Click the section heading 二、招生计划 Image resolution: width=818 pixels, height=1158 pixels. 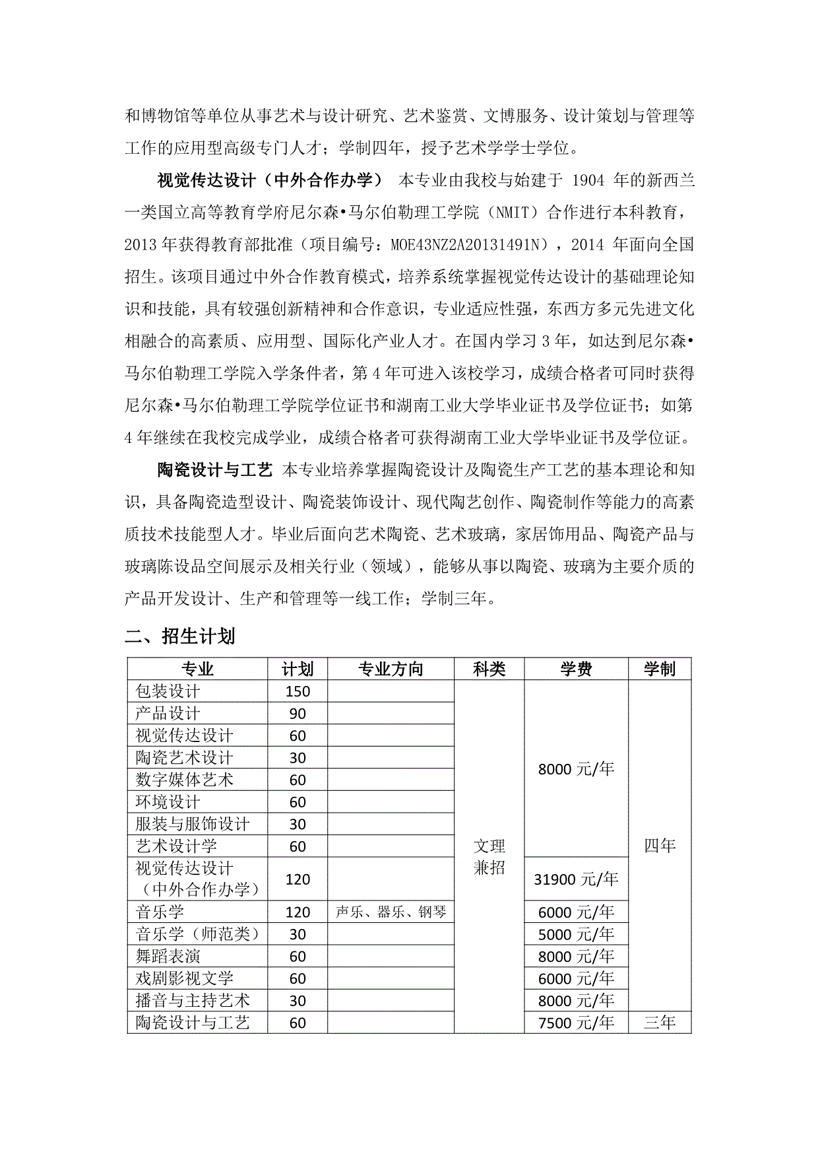(x=180, y=636)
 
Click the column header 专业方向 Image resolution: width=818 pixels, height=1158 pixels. (x=391, y=669)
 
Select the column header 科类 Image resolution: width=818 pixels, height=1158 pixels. (x=489, y=669)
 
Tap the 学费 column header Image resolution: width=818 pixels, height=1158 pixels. (x=576, y=669)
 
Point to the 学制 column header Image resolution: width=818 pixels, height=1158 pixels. (x=660, y=669)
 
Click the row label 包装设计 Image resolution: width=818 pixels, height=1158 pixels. (x=168, y=691)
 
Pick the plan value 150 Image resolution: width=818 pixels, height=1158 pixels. (x=298, y=691)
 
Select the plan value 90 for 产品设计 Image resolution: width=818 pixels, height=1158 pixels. (x=298, y=714)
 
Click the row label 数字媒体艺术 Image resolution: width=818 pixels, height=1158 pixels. (x=184, y=780)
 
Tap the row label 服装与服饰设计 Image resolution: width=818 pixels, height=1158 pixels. (x=192, y=824)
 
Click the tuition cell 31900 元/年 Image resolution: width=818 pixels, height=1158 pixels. (x=576, y=879)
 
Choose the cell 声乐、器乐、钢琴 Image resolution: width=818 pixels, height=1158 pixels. (x=391, y=912)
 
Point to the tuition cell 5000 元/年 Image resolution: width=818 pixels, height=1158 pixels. (x=576, y=934)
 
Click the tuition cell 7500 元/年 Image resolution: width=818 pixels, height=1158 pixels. (x=576, y=1023)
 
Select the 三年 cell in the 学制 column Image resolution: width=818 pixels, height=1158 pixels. (x=660, y=1023)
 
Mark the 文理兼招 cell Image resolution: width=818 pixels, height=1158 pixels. (x=489, y=856)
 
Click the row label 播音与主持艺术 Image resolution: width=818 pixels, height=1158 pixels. (x=192, y=1000)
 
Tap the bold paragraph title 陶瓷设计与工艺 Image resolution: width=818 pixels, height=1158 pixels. (x=214, y=470)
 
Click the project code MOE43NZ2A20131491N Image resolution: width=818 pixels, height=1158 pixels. (x=469, y=245)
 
